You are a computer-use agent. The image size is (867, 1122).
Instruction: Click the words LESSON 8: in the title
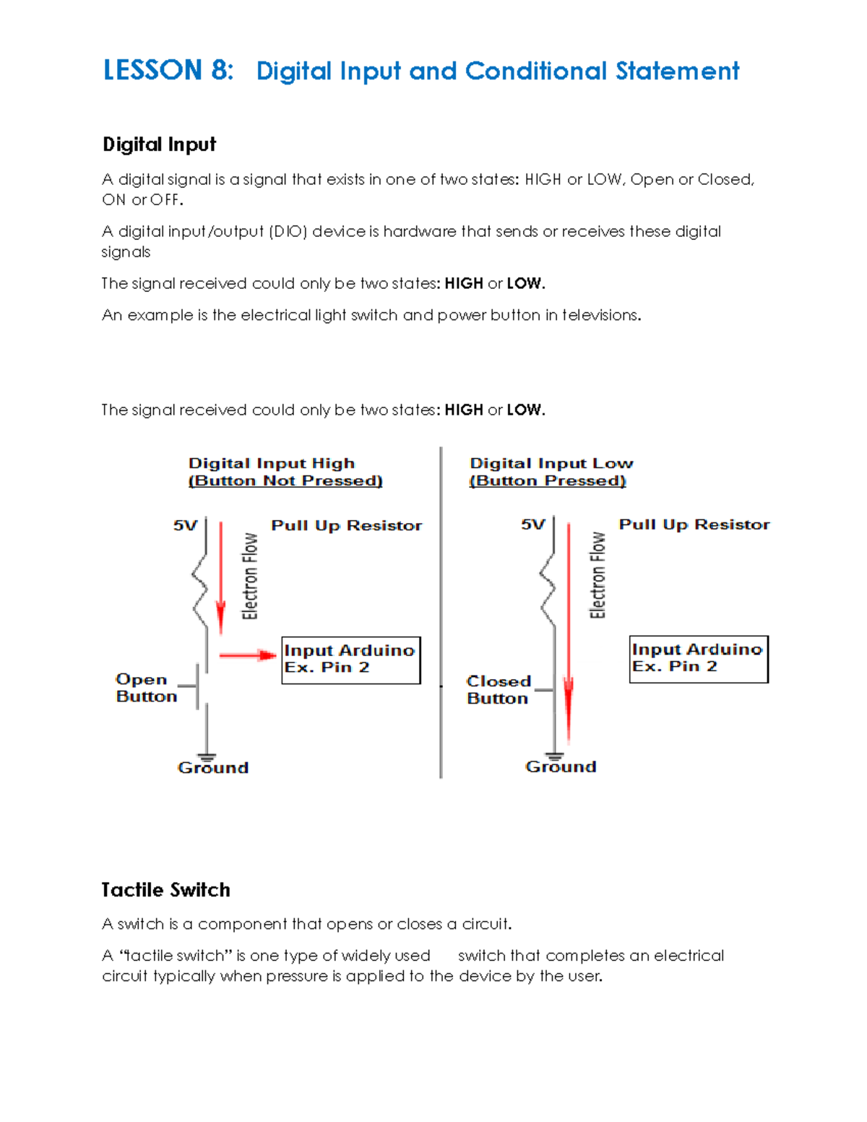point(168,70)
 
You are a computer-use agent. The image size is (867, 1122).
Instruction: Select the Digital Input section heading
point(159,144)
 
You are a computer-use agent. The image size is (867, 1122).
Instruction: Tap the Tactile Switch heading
point(165,889)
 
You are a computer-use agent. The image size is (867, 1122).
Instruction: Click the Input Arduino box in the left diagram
point(350,660)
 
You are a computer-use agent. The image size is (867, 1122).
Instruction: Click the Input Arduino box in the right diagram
point(698,659)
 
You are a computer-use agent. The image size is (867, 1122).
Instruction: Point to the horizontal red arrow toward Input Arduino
point(247,655)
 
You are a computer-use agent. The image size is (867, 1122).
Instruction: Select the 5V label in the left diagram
point(185,525)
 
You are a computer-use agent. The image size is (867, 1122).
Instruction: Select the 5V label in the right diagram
point(533,525)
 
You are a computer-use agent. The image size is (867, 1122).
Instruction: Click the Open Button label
point(146,688)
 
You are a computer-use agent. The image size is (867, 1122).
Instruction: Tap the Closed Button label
point(499,690)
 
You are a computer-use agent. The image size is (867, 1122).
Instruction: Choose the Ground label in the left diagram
point(213,767)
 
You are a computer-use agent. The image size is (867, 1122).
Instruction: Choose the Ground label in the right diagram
point(561,767)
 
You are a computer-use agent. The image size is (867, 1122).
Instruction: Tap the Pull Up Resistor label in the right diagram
point(694,525)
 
